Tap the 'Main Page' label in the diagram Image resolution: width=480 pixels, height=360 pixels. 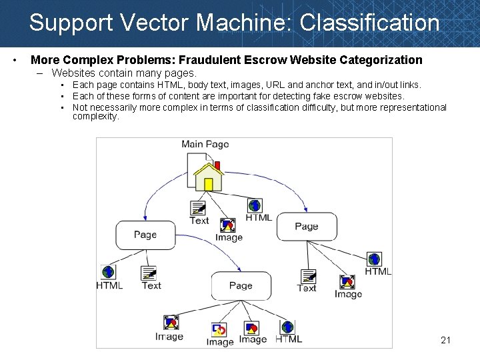pos(205,145)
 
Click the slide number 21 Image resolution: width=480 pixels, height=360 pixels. pos(445,341)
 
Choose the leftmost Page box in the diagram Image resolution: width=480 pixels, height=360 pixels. pos(145,235)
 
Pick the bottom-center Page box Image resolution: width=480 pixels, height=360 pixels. pos(241,285)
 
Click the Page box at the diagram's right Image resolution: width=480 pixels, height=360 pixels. pos(306,227)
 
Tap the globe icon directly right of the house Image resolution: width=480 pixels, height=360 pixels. pos(254,205)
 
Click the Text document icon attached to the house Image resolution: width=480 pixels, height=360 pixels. pos(198,208)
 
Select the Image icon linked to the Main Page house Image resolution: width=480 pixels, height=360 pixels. pos(228,225)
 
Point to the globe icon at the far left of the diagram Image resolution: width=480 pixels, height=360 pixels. pos(108,272)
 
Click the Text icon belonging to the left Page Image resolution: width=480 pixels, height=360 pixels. pos(149,273)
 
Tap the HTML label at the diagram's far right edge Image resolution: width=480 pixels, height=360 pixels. pos(378,271)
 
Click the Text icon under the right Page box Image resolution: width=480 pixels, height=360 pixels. pos(308,276)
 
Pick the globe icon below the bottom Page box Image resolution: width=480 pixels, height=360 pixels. pos(287,327)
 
